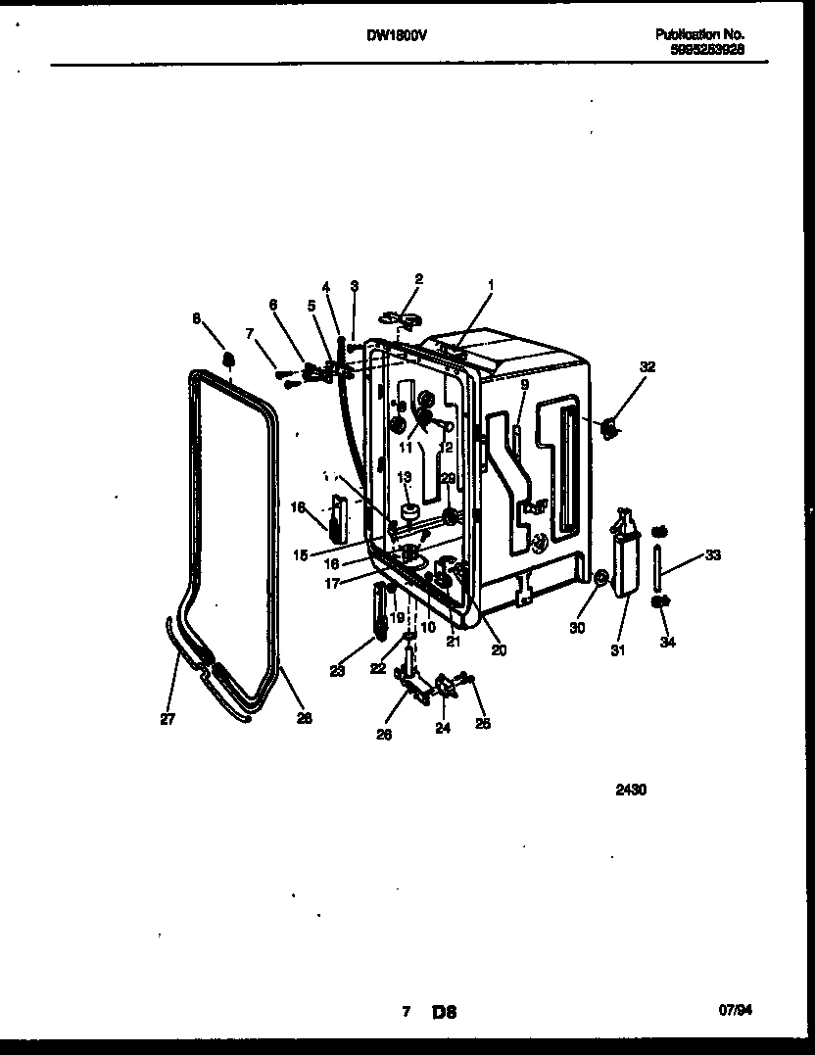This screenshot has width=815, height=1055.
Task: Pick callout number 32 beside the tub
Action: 647,366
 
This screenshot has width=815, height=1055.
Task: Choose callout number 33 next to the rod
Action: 712,555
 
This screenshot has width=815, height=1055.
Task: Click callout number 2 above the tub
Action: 418,279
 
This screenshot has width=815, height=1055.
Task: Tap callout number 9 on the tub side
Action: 524,386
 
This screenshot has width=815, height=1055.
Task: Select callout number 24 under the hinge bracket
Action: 443,728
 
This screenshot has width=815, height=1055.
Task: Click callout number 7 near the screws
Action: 250,334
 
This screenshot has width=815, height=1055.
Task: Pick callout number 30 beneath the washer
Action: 577,628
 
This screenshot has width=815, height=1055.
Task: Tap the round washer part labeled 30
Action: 601,578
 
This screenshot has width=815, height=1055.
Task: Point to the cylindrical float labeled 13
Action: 409,510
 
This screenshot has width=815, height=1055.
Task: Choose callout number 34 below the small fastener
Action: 667,643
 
